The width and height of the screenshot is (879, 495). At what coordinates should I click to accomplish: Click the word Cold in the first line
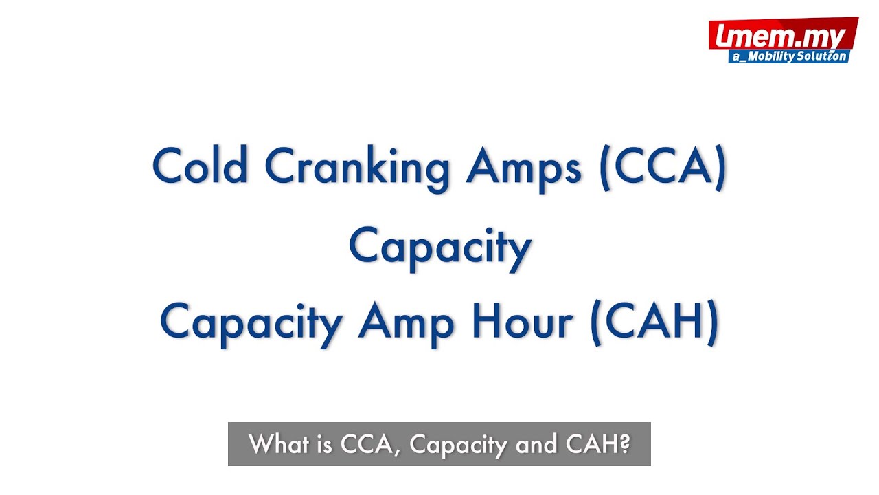point(200,166)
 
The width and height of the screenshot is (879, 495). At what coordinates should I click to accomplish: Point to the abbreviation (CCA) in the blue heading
point(663,167)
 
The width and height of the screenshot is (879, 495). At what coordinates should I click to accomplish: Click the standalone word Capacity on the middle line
point(439,247)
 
